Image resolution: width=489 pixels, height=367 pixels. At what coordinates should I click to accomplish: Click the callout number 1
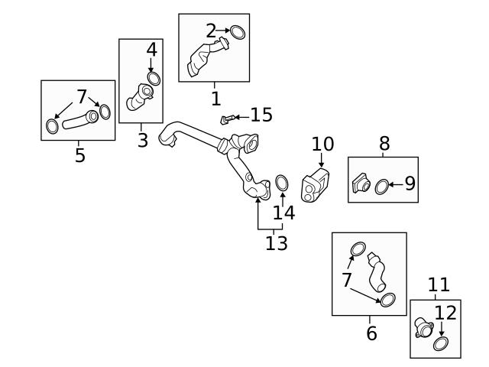tap(215, 98)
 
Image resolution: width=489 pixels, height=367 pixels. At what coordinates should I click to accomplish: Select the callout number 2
tap(212, 31)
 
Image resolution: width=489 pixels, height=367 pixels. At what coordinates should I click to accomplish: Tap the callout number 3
tap(143, 140)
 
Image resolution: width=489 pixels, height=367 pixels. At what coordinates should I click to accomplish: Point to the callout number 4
tap(152, 50)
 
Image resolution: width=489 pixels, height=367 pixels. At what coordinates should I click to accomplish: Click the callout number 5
tap(79, 156)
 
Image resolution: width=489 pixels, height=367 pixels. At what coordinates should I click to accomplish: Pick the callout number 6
tap(371, 333)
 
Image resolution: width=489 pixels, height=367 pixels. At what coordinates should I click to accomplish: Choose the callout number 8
tap(384, 143)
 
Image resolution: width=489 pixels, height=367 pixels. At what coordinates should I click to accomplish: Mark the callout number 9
tap(410, 183)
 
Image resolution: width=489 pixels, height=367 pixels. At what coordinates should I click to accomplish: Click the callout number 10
tap(322, 144)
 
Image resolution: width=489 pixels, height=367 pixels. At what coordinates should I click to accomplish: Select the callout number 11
tap(439, 285)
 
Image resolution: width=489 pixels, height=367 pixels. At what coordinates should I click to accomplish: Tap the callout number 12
tap(445, 312)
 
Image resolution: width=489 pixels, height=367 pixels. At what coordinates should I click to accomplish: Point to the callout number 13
tap(277, 243)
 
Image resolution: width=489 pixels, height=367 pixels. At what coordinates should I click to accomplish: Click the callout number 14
tap(283, 213)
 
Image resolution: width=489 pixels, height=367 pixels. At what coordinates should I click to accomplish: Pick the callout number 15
tap(261, 115)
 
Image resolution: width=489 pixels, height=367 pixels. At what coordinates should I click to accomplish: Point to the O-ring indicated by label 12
tap(441, 343)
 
